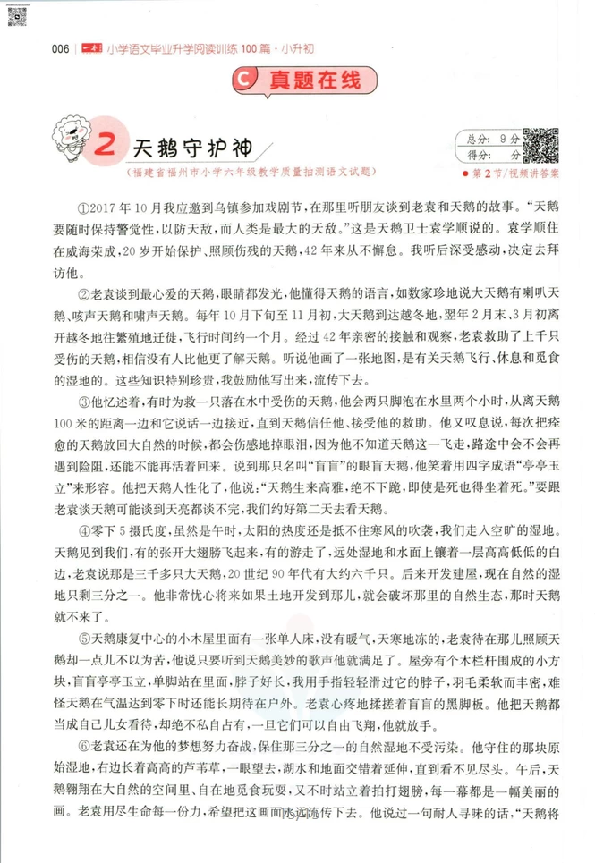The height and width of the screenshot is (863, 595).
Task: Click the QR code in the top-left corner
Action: [17, 16]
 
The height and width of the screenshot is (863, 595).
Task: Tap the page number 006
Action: [62, 49]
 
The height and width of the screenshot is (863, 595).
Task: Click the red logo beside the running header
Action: [90, 49]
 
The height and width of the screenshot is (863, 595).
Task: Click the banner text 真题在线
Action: [309, 80]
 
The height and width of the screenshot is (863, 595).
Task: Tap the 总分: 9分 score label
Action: [489, 139]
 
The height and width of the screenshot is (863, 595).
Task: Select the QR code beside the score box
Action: [540, 145]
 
